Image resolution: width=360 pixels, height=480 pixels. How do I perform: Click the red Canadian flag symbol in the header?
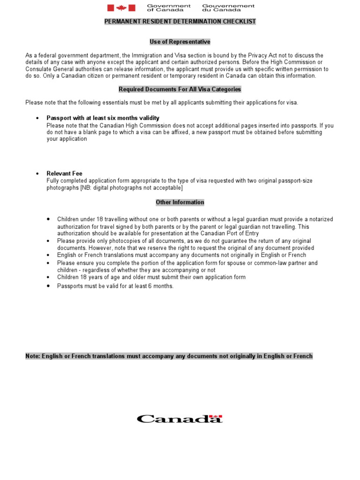[121, 7]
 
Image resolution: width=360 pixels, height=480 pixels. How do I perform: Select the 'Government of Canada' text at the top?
[169, 7]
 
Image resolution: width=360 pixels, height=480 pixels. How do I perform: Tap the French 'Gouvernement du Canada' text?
[228, 7]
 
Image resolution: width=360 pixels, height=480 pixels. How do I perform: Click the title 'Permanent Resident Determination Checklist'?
[180, 22]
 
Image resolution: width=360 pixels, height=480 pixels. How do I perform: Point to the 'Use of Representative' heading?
[180, 42]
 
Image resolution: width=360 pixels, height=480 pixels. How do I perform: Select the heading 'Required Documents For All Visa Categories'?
[180, 89]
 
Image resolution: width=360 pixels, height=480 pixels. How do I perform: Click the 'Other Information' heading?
[180, 202]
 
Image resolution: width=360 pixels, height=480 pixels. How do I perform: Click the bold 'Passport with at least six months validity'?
[103, 118]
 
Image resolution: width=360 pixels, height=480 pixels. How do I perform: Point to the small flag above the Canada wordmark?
[216, 416]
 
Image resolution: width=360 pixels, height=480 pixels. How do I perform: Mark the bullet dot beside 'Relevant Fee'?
[37, 173]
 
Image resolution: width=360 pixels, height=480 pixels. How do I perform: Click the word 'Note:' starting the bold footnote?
[33, 356]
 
